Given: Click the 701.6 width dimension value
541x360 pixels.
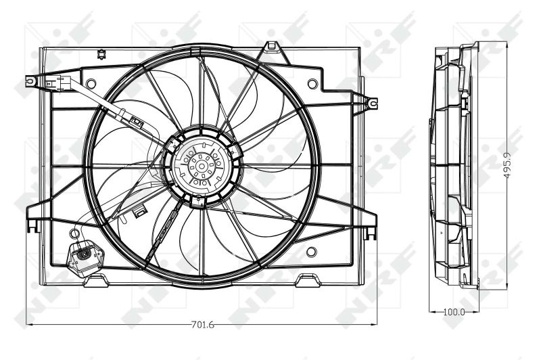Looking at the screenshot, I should tap(202, 326).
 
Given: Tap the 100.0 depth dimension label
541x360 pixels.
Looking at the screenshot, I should tap(453, 312).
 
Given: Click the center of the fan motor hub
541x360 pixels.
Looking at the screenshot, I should tap(202, 164).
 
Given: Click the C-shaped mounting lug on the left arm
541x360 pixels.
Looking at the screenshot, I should tap(30, 81).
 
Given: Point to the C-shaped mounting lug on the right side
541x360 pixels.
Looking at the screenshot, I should tap(373, 104).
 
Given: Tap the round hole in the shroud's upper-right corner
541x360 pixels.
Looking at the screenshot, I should tap(311, 85).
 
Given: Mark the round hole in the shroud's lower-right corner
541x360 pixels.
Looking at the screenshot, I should tap(311, 252).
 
